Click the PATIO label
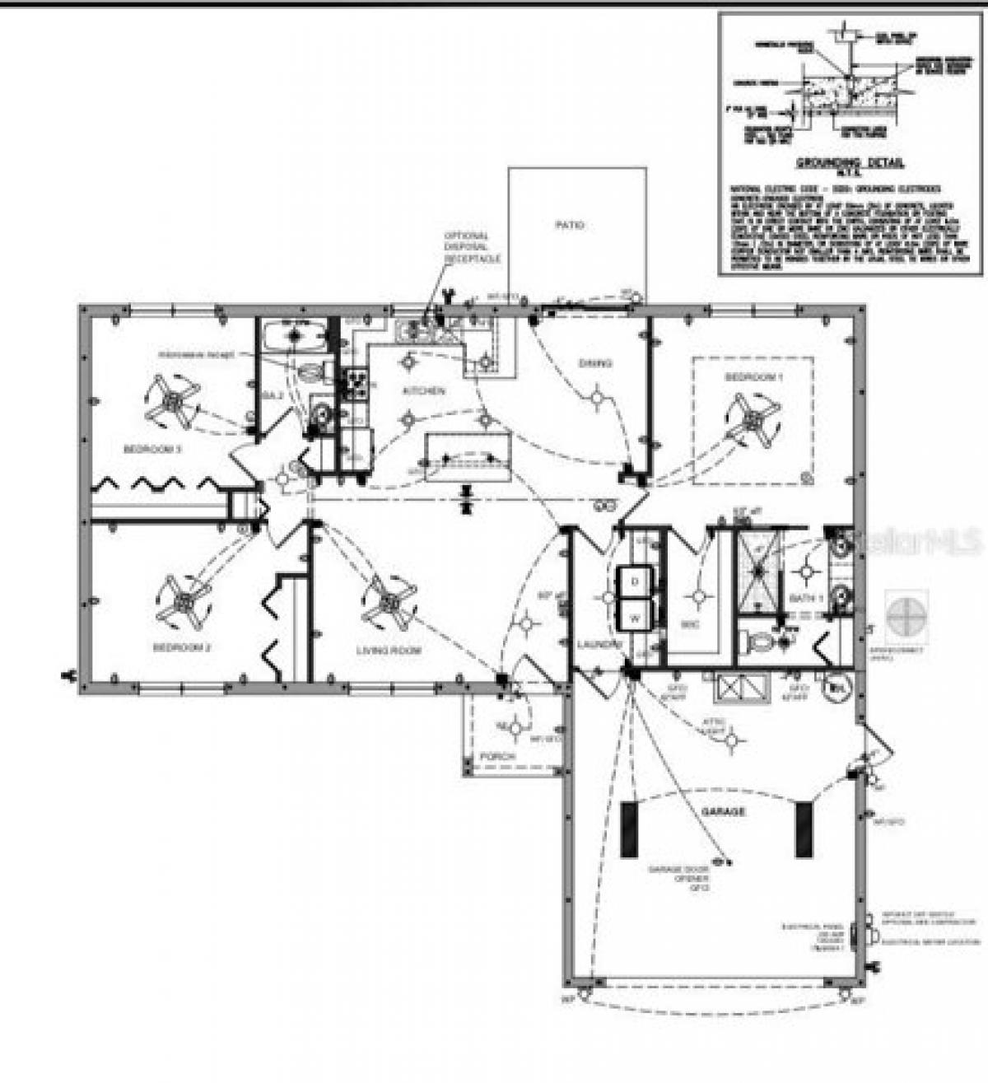(570, 224)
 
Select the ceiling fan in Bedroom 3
(173, 400)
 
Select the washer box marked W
(635, 614)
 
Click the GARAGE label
(723, 811)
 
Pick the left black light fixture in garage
(629, 829)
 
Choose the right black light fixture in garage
(804, 829)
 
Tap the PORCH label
(497, 756)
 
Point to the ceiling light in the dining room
(595, 399)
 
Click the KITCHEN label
(423, 390)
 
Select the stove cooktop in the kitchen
(356, 384)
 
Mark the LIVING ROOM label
(389, 651)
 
